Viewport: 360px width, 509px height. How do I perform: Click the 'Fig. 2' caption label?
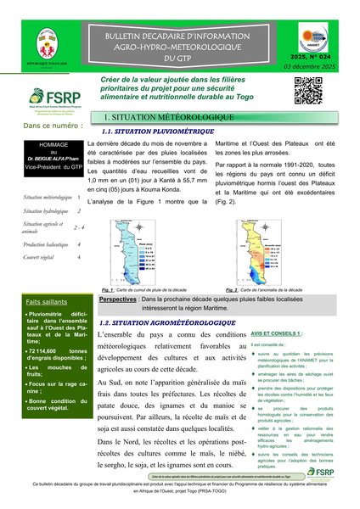point(224,290)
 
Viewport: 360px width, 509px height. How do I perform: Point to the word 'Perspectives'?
point(117,299)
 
